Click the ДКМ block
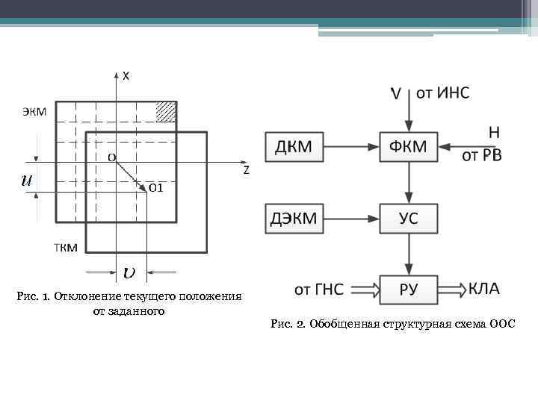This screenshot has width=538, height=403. pos(294,147)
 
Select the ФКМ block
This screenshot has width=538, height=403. pos(409,147)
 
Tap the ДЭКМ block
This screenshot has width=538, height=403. pos(294,219)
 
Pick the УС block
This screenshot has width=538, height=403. pos(409,219)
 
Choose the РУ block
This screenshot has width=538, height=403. pos(409,290)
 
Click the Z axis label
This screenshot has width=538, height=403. pos(246,171)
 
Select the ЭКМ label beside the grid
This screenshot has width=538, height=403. pos(34,112)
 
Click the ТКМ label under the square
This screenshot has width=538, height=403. pos(65,248)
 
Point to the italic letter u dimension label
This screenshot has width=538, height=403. pos(26,180)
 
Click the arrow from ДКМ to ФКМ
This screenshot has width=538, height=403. pos(352,147)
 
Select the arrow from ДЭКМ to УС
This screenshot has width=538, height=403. pos(352,219)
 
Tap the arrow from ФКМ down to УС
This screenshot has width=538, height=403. pos(409,183)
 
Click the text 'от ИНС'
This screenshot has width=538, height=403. pos(443,93)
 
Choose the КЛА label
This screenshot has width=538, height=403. pos(484,288)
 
